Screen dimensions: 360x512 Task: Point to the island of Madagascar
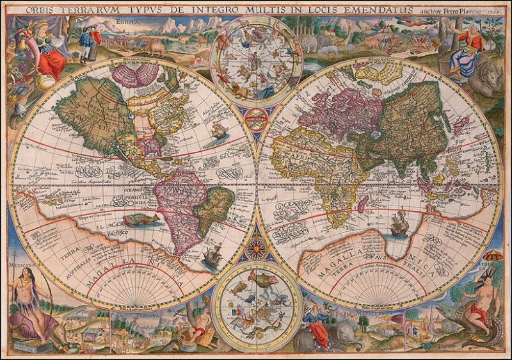(x=362, y=204)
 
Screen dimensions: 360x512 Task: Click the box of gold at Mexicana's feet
(x=25, y=345)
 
